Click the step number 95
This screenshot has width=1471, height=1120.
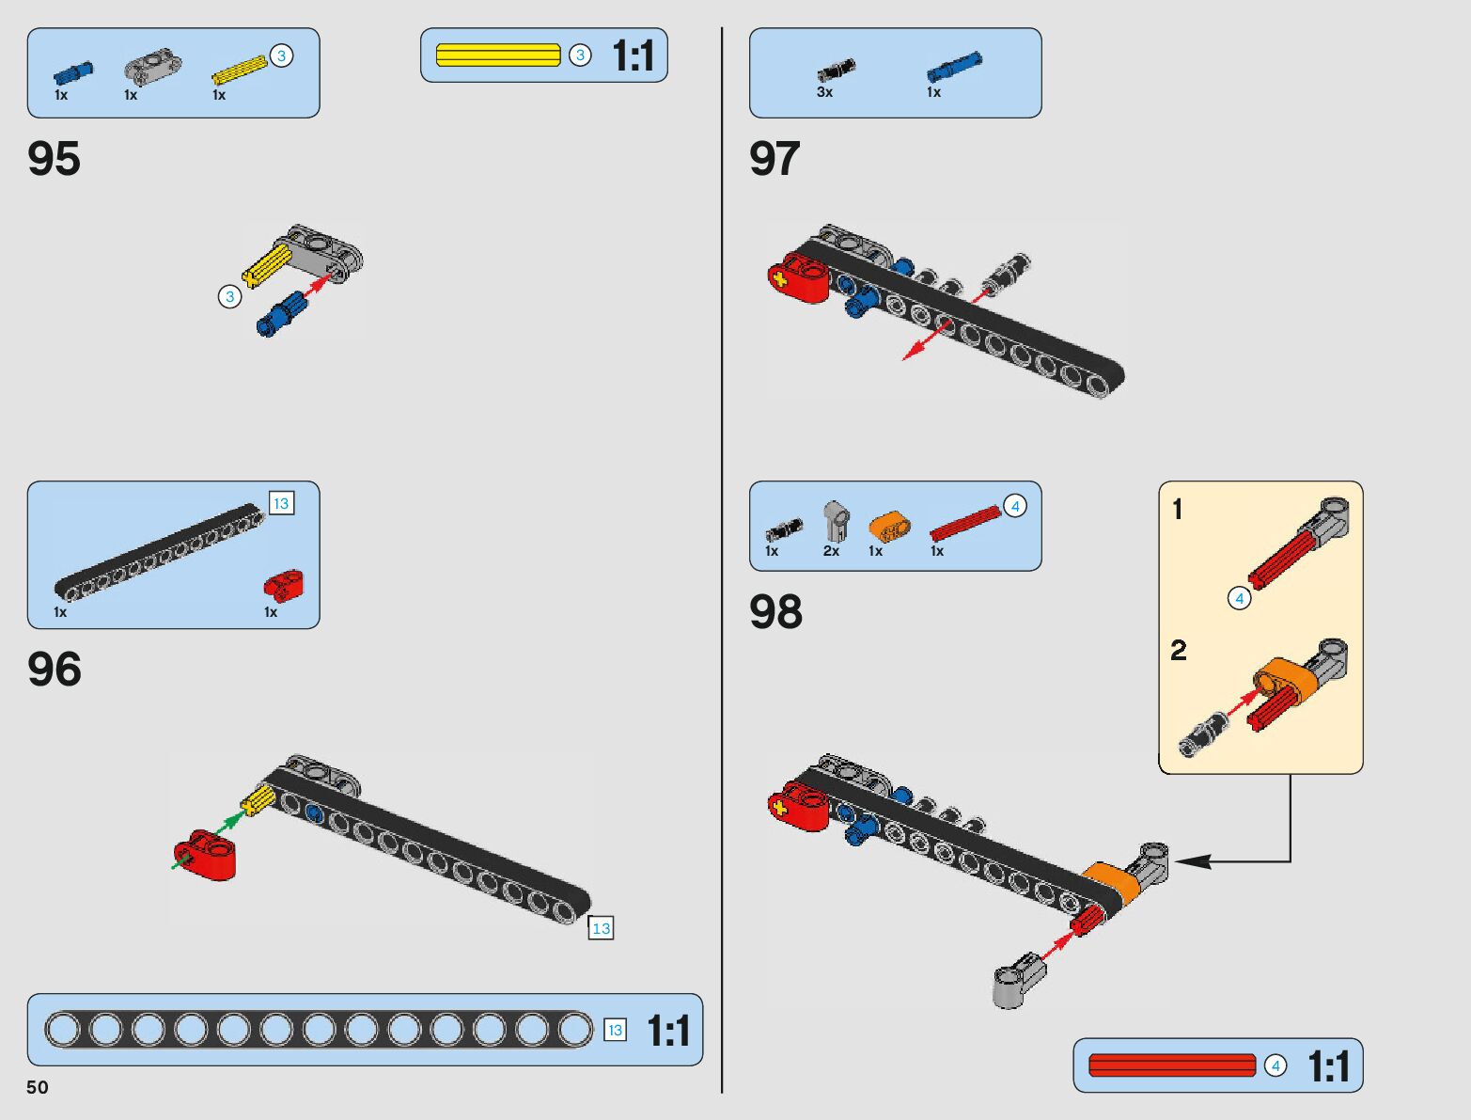click(54, 159)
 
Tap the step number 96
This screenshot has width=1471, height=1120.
click(54, 670)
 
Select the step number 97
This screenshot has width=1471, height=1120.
click(775, 159)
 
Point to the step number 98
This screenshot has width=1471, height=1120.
click(775, 612)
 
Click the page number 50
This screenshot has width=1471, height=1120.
click(38, 1087)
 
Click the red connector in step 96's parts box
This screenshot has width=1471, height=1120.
click(283, 584)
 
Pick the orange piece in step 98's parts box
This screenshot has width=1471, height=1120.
click(889, 527)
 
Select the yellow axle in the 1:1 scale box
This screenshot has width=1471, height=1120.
click(498, 55)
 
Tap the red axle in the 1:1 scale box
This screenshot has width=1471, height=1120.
click(1172, 1065)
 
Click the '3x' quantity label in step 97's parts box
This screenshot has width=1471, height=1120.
click(824, 92)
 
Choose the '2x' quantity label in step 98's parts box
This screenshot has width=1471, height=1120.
click(831, 551)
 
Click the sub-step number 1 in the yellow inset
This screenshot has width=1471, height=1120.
click(1178, 510)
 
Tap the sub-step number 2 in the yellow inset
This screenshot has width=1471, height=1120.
click(1179, 650)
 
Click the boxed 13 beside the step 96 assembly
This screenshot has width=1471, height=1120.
click(601, 928)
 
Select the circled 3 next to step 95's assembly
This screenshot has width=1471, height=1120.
click(230, 297)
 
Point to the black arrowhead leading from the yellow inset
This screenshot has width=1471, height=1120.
click(1189, 860)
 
